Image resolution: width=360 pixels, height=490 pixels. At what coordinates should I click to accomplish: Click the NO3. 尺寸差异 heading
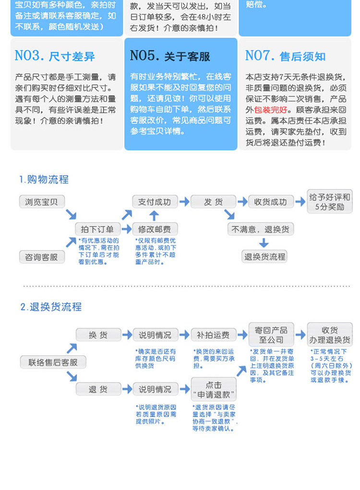pos(55,56)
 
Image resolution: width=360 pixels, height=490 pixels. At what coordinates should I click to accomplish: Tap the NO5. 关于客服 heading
pos(170,56)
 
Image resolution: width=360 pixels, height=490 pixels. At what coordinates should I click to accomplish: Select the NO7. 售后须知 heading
pos(285,56)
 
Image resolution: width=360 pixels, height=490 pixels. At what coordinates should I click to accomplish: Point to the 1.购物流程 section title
pos(44,179)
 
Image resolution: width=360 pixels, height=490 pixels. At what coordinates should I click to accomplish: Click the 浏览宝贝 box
pos(42,202)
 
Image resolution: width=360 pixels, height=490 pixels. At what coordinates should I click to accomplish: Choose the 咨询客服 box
pos(42,257)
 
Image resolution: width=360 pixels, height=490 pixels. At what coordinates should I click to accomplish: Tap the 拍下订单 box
pos(97,229)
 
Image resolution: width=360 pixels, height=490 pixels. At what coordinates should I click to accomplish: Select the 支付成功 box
pos(155,202)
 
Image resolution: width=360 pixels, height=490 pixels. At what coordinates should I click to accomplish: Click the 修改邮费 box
pos(155,229)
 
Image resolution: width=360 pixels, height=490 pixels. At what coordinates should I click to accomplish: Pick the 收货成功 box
pos(270,202)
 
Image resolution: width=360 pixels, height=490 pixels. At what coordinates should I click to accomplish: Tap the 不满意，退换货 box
pos(261,229)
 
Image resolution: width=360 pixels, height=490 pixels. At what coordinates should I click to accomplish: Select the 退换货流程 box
pos(264,257)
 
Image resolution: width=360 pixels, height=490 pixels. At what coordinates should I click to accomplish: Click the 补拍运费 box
pos(214,335)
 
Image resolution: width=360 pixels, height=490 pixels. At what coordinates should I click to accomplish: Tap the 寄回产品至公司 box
pos(271,335)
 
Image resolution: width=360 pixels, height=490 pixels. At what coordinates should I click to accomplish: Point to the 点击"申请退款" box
pos(214,390)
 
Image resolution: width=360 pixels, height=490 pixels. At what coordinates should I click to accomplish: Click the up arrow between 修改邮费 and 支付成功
pos(154,215)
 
